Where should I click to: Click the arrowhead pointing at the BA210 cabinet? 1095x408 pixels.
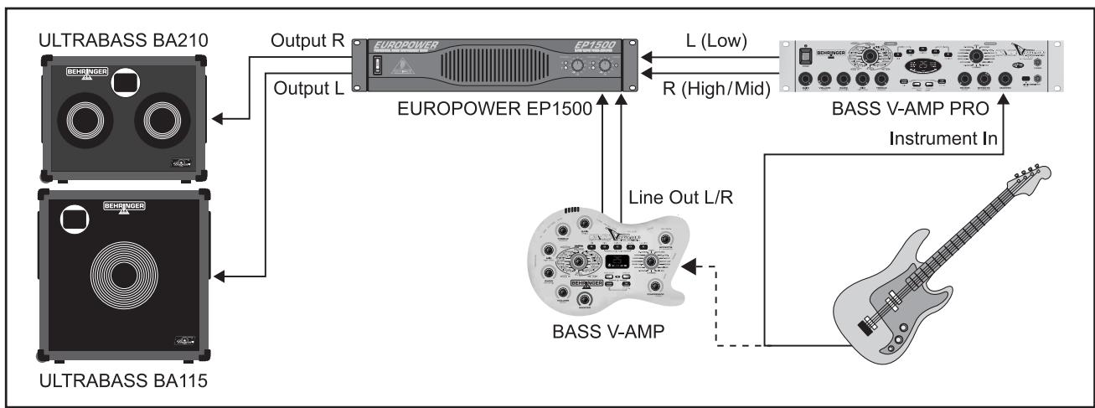tap(216, 121)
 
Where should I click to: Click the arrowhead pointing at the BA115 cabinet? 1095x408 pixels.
tap(219, 276)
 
